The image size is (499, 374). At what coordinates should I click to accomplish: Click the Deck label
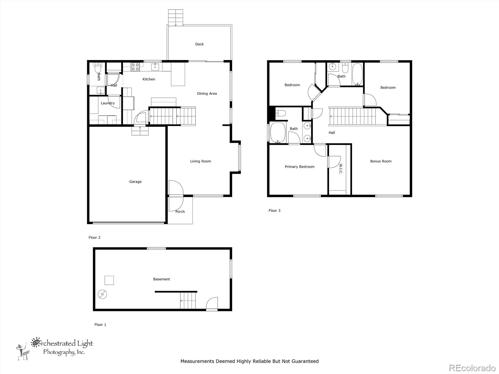(199, 44)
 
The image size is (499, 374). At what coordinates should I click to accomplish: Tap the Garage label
(135, 182)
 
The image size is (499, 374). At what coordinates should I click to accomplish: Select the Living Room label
(201, 161)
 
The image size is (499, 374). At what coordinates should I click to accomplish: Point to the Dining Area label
(207, 93)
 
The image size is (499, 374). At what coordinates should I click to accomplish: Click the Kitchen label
(149, 79)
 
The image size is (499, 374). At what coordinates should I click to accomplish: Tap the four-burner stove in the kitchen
(135, 67)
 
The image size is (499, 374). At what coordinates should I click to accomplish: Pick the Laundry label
(108, 103)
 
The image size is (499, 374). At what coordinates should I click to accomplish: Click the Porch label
(180, 212)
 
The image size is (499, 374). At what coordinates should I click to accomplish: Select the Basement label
(162, 279)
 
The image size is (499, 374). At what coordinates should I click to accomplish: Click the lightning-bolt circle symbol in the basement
(102, 294)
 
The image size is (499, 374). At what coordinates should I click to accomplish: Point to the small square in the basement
(109, 280)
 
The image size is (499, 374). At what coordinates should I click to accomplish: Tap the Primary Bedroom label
(300, 167)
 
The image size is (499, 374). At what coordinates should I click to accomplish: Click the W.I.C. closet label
(341, 169)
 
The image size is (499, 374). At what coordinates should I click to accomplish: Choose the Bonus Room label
(381, 161)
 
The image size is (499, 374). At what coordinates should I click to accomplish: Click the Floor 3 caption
(274, 210)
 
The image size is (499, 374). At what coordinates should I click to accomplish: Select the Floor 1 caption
(100, 325)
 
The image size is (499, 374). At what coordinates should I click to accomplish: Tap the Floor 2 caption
(94, 237)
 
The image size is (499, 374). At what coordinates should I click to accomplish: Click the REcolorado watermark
(472, 368)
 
